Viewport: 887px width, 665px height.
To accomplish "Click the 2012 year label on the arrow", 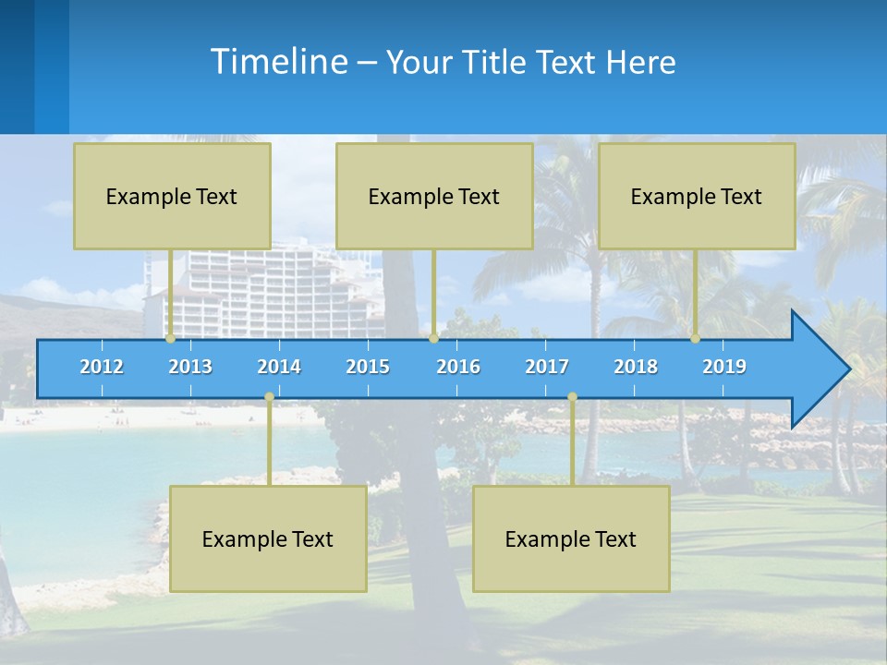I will pos(102,367).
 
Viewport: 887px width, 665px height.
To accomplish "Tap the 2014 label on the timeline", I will pos(279,367).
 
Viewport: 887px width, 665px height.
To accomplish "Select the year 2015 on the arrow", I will pos(368,367).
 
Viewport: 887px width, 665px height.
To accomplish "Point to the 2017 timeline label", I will pos(547,367).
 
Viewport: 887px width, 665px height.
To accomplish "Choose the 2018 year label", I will pos(636,367).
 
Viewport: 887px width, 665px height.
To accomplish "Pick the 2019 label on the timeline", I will pos(724,367).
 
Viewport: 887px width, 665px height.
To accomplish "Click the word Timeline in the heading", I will pos(278,62).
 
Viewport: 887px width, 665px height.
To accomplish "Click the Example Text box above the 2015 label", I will pos(434,196).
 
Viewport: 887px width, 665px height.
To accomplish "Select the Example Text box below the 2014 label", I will pos(268,538).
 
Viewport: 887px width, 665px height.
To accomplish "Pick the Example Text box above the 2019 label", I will pos(697,196).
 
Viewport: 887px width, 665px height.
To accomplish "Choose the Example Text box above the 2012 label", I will pos(172,196).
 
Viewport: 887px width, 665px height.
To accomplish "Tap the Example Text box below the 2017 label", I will pos(571,538).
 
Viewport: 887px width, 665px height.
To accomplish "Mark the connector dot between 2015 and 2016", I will pos(433,339).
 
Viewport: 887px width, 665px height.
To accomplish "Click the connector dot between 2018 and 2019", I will pos(696,339).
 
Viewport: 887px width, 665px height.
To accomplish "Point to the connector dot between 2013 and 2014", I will pos(269,397).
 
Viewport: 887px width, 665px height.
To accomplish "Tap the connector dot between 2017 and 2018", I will pos(572,397).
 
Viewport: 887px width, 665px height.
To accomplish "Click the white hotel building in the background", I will pos(277,286).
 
